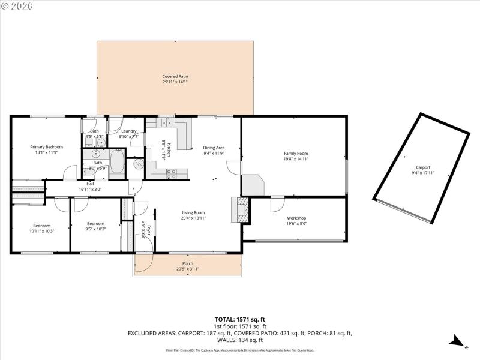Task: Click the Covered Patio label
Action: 175,76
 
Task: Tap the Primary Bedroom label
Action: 47,146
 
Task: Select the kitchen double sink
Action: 166,123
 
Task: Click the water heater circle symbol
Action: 139,164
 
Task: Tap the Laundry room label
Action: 129,131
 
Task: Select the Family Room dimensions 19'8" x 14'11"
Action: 296,159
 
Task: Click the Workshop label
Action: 296,218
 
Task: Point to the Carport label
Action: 422,167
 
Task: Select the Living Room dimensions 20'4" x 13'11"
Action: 194,218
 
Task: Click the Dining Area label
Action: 214,147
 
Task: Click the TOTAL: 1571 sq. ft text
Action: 239,319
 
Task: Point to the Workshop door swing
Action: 277,205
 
